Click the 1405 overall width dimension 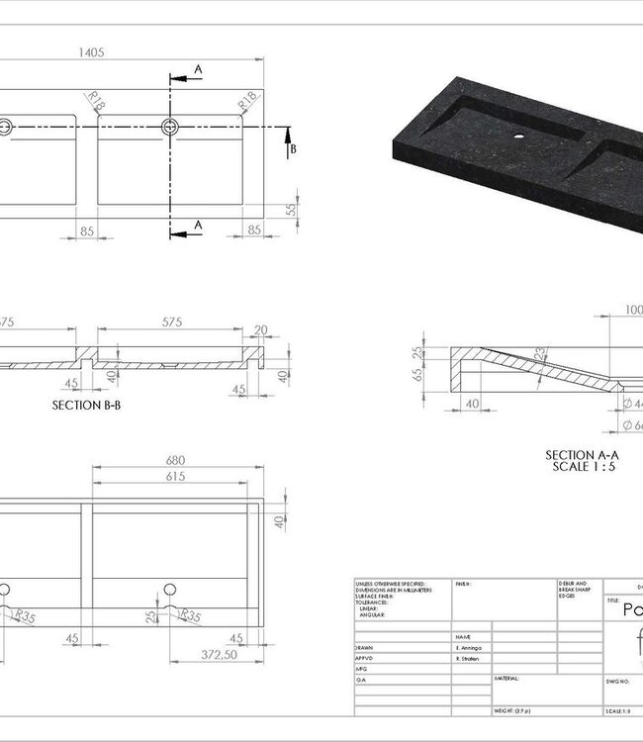point(90,52)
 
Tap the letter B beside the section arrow point(293,149)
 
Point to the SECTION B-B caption point(92,405)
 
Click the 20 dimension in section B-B point(260,330)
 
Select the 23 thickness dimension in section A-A point(539,352)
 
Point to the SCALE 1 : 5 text point(583,465)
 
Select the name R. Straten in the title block point(471,656)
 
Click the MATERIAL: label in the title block point(507,679)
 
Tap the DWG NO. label point(619,682)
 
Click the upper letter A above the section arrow point(198,69)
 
